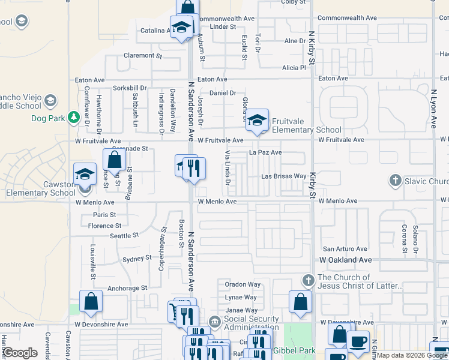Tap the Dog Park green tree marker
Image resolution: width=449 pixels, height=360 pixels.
coord(74,116)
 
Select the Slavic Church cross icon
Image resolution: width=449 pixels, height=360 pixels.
coord(395,180)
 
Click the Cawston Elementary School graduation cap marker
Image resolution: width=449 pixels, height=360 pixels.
coord(85,174)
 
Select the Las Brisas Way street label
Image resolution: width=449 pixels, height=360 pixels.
coord(283,176)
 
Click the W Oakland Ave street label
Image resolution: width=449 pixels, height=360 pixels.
coord(346,260)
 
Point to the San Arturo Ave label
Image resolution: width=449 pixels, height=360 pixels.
coord(345,248)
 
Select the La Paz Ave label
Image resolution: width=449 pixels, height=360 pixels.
coord(265,152)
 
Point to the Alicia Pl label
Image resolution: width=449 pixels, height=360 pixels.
coord(294,68)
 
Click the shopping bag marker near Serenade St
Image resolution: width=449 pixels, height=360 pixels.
coord(114,160)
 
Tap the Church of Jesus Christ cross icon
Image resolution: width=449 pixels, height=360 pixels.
coord(308,280)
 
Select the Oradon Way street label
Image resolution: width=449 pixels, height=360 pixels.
coord(243,284)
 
